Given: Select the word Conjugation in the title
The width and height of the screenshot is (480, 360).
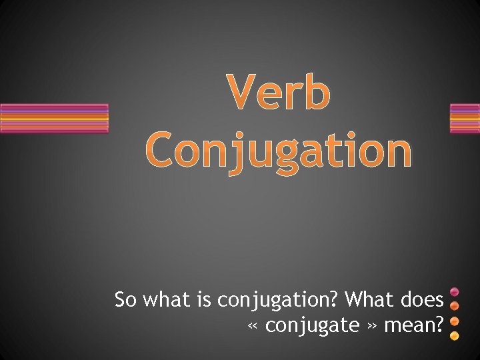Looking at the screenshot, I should (278, 151).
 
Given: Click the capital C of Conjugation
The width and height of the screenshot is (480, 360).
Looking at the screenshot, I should (163, 150).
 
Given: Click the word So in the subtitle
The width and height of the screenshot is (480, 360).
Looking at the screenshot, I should (125, 300).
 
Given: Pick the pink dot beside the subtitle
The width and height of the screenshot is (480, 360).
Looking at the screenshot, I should (455, 293).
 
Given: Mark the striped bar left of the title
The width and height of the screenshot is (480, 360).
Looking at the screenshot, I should (54, 119).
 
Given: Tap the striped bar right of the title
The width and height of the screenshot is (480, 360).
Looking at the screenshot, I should (465, 119).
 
